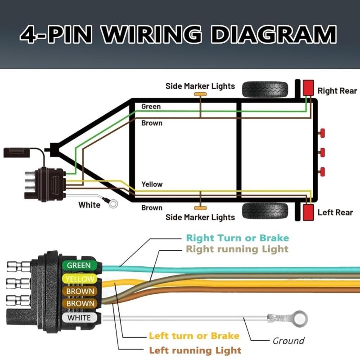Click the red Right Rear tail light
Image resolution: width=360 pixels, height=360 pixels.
(308, 87)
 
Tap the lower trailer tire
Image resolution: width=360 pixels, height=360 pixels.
(265, 211)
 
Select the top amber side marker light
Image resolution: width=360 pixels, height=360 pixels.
(200, 94)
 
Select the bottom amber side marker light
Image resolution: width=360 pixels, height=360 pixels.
(200, 208)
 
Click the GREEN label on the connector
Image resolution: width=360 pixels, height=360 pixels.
(79, 265)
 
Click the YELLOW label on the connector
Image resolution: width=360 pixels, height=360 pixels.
(80, 279)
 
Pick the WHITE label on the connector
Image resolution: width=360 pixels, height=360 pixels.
(79, 318)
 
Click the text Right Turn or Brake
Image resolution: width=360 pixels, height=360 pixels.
(237, 238)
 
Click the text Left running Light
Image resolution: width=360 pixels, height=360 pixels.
(195, 350)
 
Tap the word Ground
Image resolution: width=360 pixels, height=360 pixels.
(288, 341)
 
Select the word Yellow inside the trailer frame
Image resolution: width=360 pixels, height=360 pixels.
(152, 184)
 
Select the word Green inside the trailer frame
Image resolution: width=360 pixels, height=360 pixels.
(151, 107)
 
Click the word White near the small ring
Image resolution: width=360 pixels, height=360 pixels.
(90, 205)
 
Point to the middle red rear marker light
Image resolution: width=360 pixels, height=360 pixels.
(322, 152)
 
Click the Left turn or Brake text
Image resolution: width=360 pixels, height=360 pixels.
(194, 336)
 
